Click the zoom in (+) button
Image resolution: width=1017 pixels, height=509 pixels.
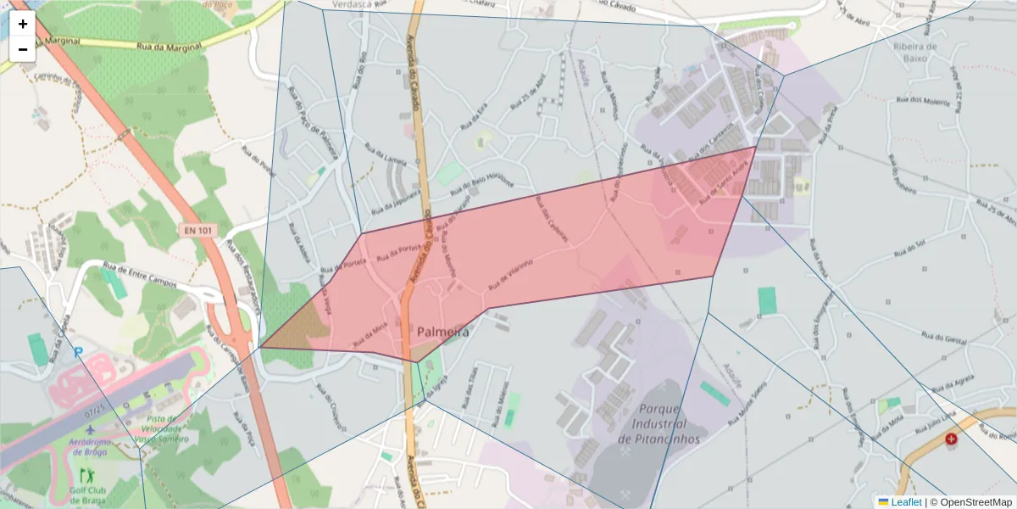coord(23,24)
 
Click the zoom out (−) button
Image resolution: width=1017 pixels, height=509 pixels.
coord(23,49)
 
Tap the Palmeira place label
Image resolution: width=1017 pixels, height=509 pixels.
coord(442,333)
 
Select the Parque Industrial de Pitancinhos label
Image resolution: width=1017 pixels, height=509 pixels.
coord(659,423)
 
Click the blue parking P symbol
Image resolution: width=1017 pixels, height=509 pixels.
coord(79,352)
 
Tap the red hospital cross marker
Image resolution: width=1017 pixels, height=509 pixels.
coord(951,439)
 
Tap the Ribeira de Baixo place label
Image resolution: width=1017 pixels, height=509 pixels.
coord(914,53)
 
